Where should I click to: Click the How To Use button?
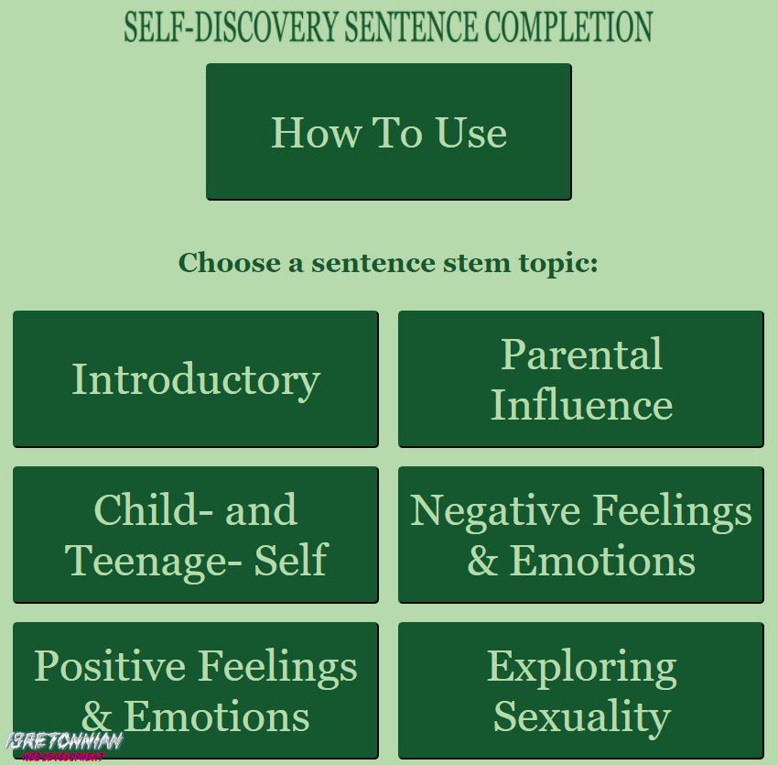point(388,132)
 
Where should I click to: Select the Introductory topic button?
point(195,379)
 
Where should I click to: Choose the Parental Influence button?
point(580,379)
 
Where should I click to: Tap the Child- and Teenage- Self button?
point(195,535)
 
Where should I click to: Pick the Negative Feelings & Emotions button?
point(580,535)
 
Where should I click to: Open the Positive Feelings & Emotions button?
point(195,691)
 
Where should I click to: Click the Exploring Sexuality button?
point(580,691)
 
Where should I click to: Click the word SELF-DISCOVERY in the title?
point(232,27)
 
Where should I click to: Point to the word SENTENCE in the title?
point(410,27)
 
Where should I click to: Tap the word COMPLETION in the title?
point(568,27)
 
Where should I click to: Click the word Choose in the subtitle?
point(229,263)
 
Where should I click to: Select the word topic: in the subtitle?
point(558,264)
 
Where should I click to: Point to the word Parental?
point(581,355)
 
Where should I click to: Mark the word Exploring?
point(581,669)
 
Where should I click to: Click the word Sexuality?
point(581,716)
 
